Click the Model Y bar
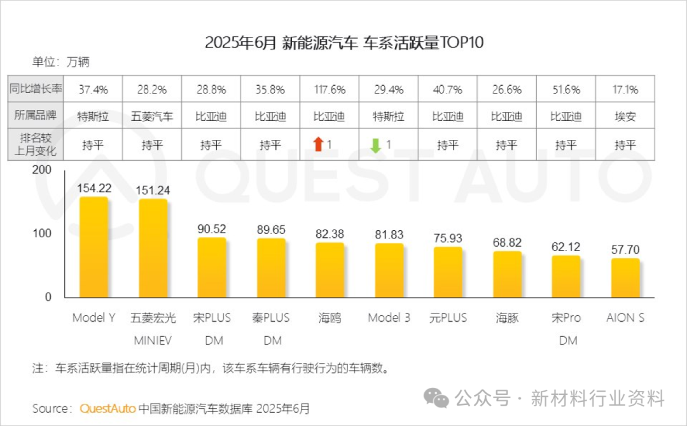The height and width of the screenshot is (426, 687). point(94,248)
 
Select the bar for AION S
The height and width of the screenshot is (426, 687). point(625,278)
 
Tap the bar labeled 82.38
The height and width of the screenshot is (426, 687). point(330,270)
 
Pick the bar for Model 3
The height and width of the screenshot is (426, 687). point(389,270)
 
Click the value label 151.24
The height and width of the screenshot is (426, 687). point(153,189)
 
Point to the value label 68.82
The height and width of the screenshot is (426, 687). point(507,242)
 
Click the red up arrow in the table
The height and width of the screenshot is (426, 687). point(319,145)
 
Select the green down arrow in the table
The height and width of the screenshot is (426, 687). point(376,145)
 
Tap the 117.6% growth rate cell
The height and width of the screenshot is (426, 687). point(330,90)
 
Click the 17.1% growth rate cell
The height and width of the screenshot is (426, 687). point(625,90)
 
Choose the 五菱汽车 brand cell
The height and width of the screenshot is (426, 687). point(152,117)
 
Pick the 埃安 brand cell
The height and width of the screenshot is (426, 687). point(625,117)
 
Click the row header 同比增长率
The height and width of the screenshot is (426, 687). point(36,90)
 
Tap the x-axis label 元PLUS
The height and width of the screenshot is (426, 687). point(448,317)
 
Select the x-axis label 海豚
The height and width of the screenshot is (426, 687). point(507,317)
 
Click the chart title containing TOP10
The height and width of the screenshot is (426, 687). point(344,43)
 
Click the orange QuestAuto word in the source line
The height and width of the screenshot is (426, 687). point(108,408)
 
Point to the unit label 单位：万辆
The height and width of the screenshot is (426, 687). point(61,62)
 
